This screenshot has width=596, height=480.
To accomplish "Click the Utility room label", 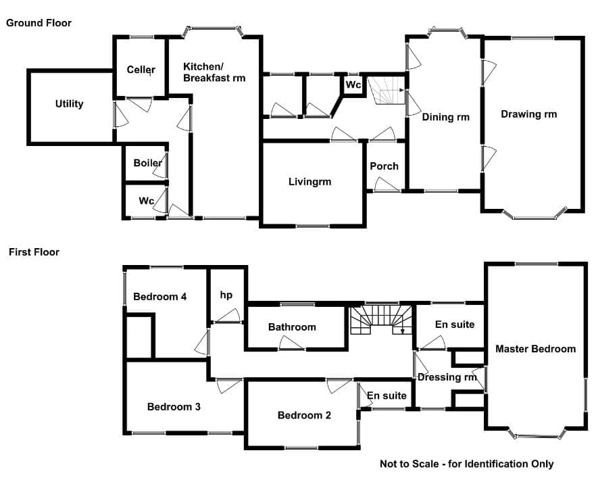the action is pyautogui.click(x=69, y=104).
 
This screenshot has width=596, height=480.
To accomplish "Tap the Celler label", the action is pyautogui.click(x=141, y=70).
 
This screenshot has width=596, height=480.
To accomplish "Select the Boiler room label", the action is pyautogui.click(x=147, y=163).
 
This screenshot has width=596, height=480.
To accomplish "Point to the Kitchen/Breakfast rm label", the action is pyautogui.click(x=214, y=72).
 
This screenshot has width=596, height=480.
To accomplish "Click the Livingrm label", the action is pyautogui.click(x=309, y=182).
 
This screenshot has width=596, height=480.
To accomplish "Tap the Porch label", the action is pyautogui.click(x=384, y=166).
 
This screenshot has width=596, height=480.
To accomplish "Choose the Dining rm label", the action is pyautogui.click(x=446, y=117).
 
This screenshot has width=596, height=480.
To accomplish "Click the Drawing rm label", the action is pyautogui.click(x=528, y=114).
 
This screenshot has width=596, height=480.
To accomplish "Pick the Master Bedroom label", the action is pyautogui.click(x=536, y=349).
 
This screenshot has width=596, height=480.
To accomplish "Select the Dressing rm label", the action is pyautogui.click(x=447, y=377).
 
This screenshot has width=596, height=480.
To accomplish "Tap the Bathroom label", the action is pyautogui.click(x=292, y=327).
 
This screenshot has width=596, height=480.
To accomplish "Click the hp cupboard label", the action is pyautogui.click(x=226, y=295).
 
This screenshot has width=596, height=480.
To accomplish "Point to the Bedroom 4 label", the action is pyautogui.click(x=160, y=297).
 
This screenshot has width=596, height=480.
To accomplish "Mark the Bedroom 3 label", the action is pyautogui.click(x=174, y=407).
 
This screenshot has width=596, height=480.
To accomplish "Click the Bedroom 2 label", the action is pyautogui.click(x=304, y=415).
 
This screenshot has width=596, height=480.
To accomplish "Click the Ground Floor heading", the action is pyautogui.click(x=39, y=23).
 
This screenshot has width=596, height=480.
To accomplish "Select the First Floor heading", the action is pyautogui.click(x=34, y=252).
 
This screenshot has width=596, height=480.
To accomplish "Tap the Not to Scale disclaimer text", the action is pyautogui.click(x=467, y=464).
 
